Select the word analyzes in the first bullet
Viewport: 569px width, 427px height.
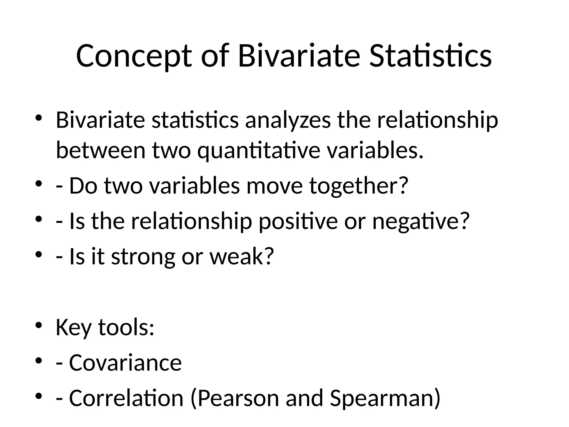tap(288, 120)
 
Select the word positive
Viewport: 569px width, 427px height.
tap(298, 221)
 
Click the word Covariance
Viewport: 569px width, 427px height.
tap(125, 363)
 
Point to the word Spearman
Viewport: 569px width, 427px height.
tap(382, 398)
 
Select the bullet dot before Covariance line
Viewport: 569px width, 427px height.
tap(38, 360)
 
